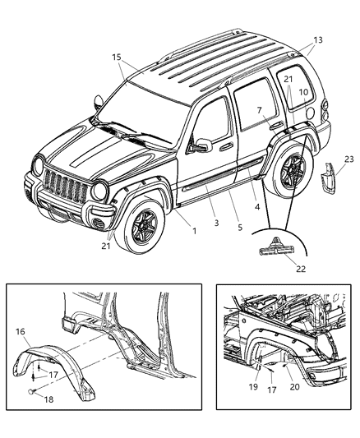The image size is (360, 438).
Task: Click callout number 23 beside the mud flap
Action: pos(349,160)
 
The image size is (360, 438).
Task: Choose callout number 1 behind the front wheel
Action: pos(194,231)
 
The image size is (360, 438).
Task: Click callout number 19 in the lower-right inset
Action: pos(253,385)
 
